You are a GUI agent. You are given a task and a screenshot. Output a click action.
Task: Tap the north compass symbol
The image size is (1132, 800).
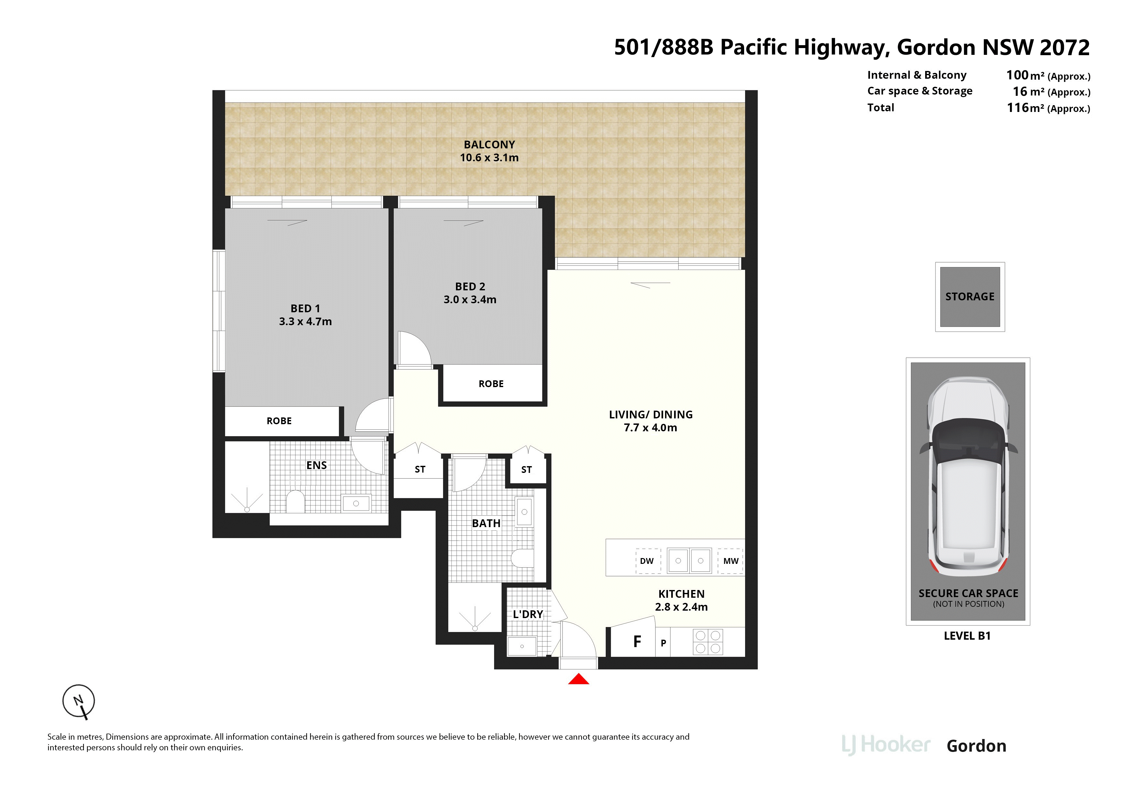click(x=78, y=701)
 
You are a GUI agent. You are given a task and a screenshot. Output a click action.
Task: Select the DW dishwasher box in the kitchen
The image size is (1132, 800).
click(x=647, y=561)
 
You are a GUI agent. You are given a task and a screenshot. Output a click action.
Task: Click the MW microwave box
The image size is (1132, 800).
click(x=730, y=561)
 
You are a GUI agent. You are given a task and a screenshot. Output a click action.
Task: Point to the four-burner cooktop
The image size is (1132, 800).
click(x=708, y=642)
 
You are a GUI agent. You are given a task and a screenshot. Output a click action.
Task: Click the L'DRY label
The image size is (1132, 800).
click(x=528, y=614)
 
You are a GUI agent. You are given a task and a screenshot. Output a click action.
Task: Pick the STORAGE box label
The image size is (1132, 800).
click(x=970, y=297)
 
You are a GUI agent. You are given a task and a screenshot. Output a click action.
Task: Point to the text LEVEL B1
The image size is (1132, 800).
click(x=967, y=636)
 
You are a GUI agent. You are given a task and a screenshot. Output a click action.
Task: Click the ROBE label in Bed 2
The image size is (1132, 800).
click(x=491, y=384)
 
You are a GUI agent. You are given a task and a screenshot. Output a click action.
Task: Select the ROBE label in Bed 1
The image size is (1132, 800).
click(x=279, y=421)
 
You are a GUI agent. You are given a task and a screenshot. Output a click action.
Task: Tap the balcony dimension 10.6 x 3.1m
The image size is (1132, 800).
click(x=489, y=158)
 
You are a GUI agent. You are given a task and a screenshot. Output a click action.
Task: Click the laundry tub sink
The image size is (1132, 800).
click(x=521, y=646)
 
